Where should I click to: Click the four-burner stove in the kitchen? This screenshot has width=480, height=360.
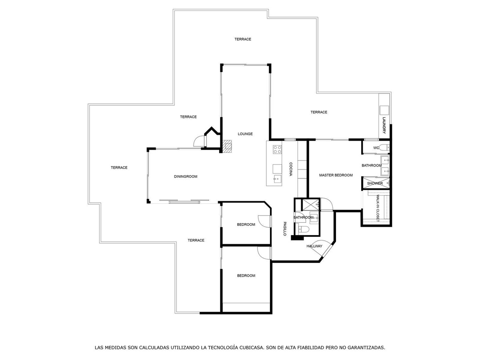click(x=277, y=150)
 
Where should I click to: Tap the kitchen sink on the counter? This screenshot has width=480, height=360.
click(x=277, y=179)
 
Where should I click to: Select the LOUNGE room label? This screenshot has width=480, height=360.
click(x=245, y=134)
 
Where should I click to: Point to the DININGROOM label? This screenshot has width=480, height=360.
click(x=186, y=176)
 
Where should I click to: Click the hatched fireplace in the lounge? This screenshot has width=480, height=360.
click(x=227, y=146)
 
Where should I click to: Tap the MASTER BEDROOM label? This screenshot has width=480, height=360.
click(x=336, y=175)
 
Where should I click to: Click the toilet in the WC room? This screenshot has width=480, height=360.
click(x=384, y=148)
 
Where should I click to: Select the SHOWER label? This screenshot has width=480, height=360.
click(x=375, y=183)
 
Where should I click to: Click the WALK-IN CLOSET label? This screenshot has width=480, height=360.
click(x=378, y=208)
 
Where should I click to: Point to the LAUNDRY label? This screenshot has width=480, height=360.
click(x=384, y=125)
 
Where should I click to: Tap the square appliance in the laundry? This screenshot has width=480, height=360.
click(x=384, y=110)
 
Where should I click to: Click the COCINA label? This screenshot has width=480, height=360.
click(x=291, y=169)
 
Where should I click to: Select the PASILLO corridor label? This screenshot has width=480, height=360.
click(x=285, y=229)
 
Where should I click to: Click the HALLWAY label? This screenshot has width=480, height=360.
click(x=314, y=246)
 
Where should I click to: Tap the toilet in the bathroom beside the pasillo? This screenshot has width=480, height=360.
click(x=304, y=229)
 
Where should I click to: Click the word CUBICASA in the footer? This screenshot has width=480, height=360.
click(x=252, y=347)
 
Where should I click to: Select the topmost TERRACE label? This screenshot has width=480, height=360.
click(x=243, y=39)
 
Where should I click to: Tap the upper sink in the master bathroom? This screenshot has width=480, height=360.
click(x=385, y=160)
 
